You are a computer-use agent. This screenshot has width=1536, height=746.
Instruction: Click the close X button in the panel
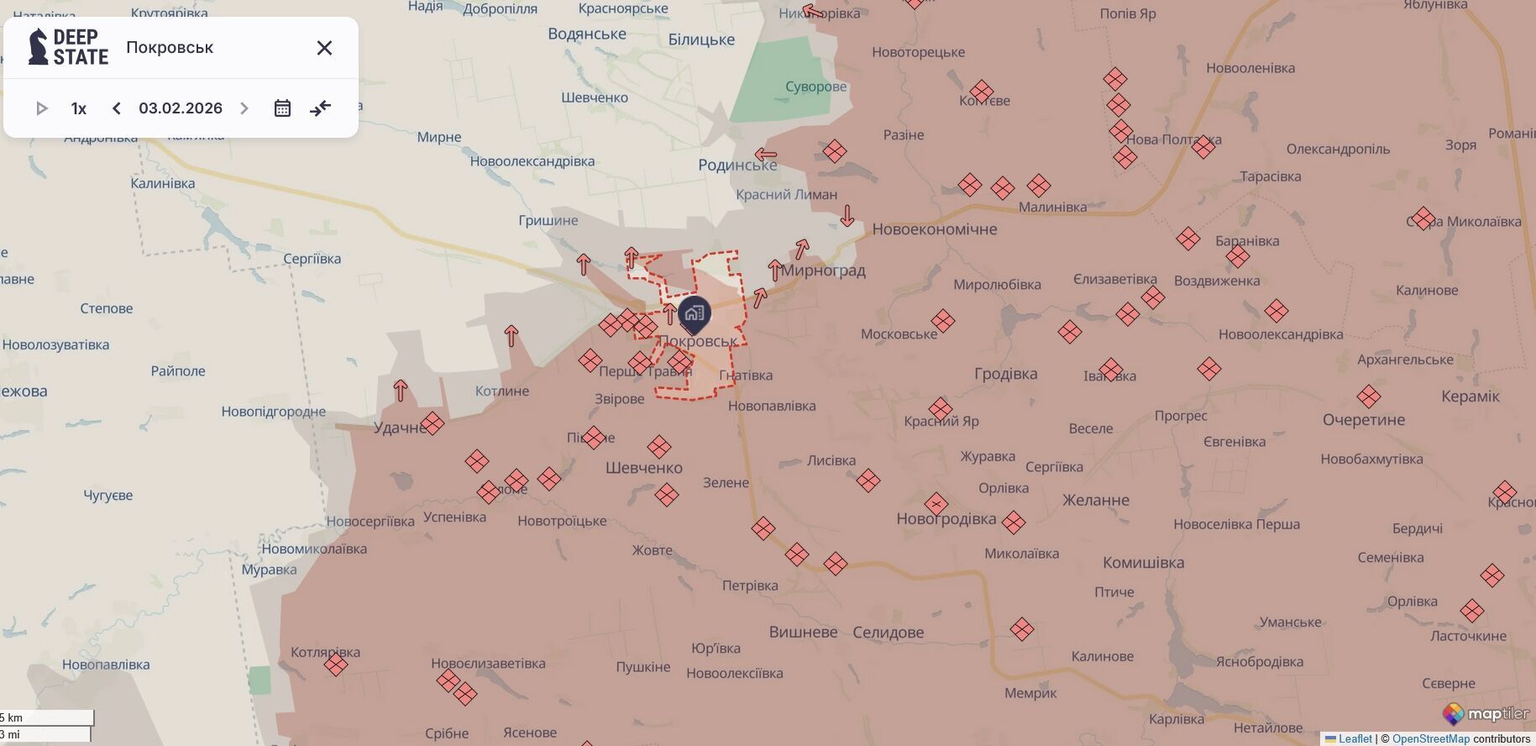[x=324, y=48]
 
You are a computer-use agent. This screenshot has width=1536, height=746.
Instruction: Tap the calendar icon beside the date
[x=282, y=108]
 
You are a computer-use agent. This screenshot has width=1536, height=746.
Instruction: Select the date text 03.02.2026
[x=181, y=108]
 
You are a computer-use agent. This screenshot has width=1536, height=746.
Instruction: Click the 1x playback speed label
[x=79, y=108]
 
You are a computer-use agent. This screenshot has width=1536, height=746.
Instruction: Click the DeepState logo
[x=68, y=47]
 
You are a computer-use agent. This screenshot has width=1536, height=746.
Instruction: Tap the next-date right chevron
[x=244, y=108]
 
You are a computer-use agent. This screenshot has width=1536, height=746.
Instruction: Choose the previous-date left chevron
[x=117, y=108]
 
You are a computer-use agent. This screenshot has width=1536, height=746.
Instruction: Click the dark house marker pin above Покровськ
[x=695, y=314]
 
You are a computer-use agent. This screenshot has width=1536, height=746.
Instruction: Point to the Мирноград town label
[x=823, y=271]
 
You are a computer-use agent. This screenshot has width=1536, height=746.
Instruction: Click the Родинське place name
[x=737, y=165]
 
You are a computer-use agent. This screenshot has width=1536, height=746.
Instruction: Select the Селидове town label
[x=888, y=633]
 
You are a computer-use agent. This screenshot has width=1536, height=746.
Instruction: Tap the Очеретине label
[x=1363, y=420]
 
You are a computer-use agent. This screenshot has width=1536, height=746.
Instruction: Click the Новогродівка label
[x=946, y=519]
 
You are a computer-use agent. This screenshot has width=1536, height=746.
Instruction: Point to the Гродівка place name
[x=1005, y=374]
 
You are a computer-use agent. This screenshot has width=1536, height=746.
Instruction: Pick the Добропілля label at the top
[x=500, y=9]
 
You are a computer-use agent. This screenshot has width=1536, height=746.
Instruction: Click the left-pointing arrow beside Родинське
[x=765, y=155]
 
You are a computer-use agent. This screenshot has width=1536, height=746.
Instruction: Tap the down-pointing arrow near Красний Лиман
[x=847, y=216]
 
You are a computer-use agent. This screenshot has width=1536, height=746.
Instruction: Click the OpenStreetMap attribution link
[x=1430, y=739]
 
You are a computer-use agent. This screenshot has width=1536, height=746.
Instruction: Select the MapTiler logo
[x=1486, y=714]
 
